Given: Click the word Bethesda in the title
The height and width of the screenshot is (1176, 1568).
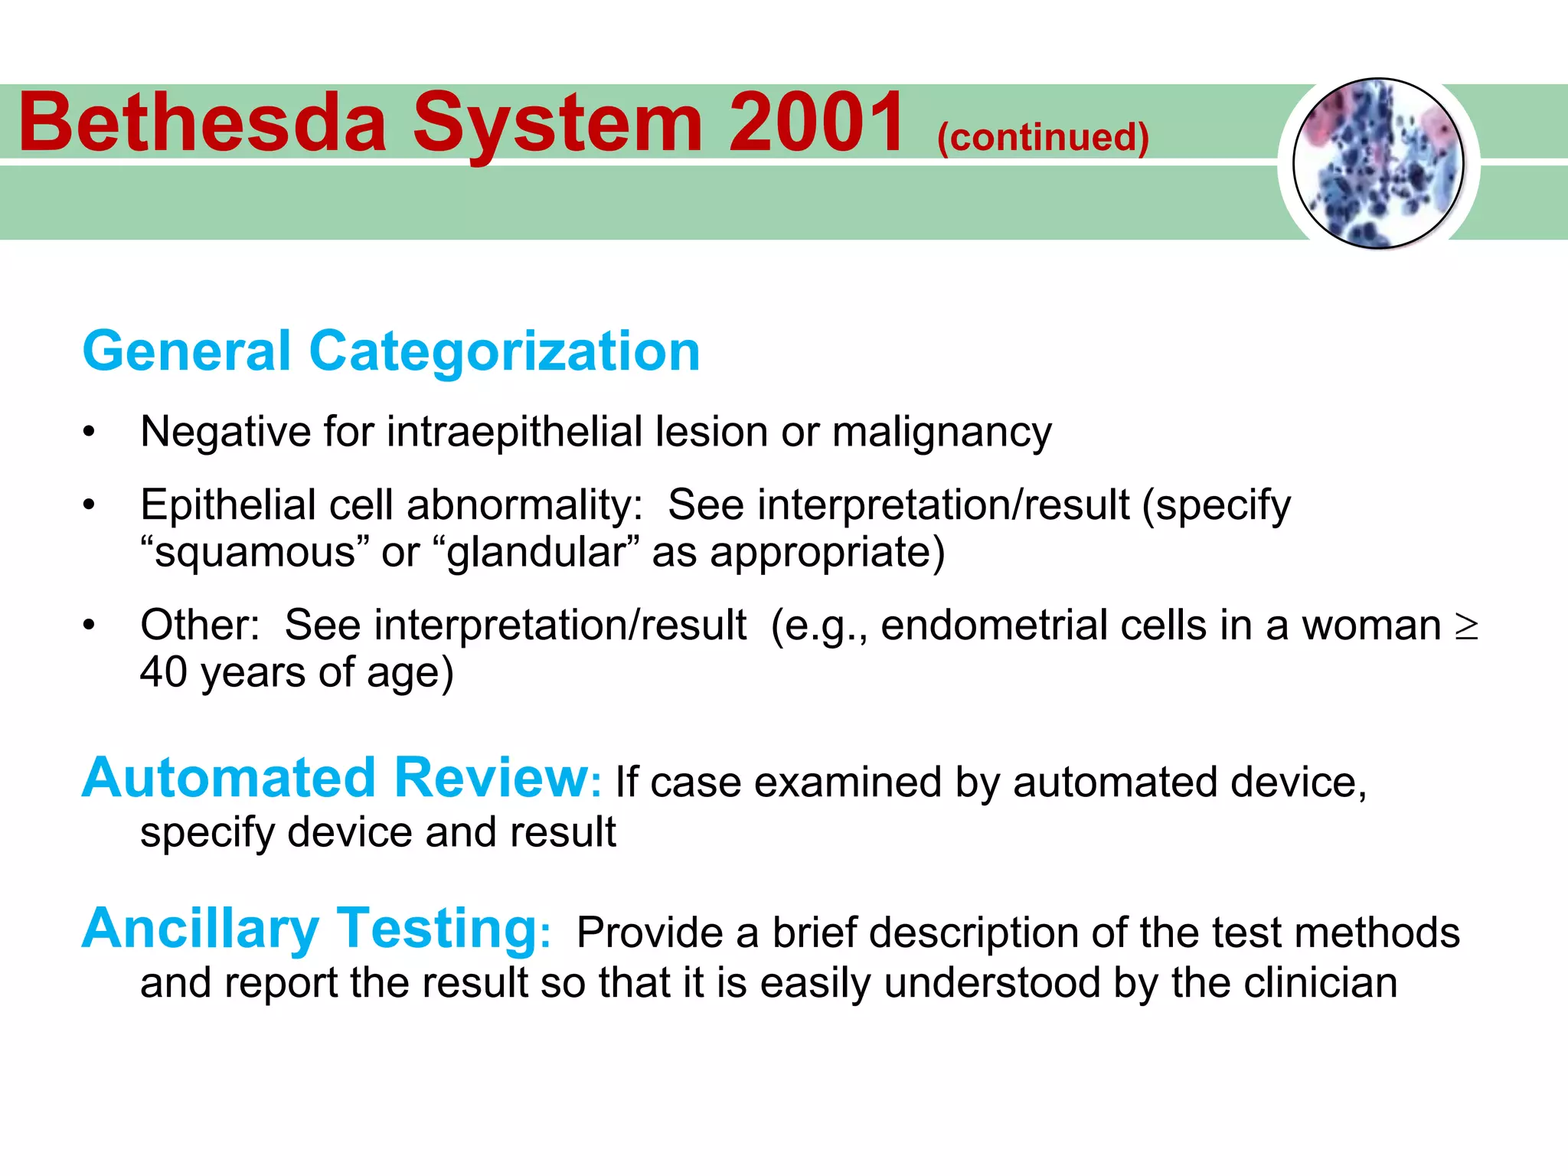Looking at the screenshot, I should [x=203, y=122].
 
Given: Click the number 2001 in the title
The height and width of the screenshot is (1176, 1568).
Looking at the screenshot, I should [x=816, y=122].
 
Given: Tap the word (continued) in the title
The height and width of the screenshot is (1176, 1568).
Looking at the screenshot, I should [x=1043, y=138].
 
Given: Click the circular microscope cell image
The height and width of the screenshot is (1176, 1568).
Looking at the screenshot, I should [x=1378, y=163].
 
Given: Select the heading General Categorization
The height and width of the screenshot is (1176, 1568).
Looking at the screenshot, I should [x=391, y=351].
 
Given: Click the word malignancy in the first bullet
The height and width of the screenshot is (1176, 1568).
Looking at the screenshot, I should [x=942, y=432].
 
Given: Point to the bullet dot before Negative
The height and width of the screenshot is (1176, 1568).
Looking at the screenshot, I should [x=90, y=433].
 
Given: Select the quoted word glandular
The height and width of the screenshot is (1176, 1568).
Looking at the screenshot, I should [x=536, y=553].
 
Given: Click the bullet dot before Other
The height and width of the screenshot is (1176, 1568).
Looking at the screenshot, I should [x=90, y=626].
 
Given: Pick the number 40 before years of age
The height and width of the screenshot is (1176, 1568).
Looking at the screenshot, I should [x=163, y=673].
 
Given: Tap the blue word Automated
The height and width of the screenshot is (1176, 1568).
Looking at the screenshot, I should [x=229, y=778].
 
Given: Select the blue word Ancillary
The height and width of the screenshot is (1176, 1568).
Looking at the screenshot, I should [x=201, y=929].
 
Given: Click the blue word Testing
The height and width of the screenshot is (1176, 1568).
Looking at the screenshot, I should [x=438, y=929].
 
